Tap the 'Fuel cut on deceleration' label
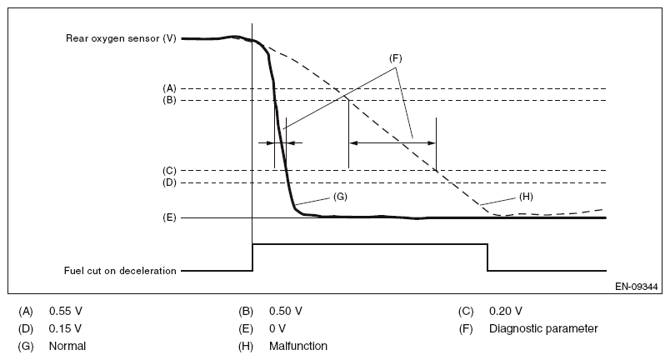121,270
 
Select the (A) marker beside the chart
169,87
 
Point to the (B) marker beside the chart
169,100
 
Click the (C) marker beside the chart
169,170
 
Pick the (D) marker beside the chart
169,182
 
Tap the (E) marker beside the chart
169,217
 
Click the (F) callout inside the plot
396,58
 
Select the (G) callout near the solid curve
339,197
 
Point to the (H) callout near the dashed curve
527,197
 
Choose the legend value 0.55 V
66,312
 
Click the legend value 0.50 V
286,312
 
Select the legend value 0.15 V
66,328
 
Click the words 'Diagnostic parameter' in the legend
543,328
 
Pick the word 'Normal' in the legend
67,345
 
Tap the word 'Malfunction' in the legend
298,345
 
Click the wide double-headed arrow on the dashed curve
392,142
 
